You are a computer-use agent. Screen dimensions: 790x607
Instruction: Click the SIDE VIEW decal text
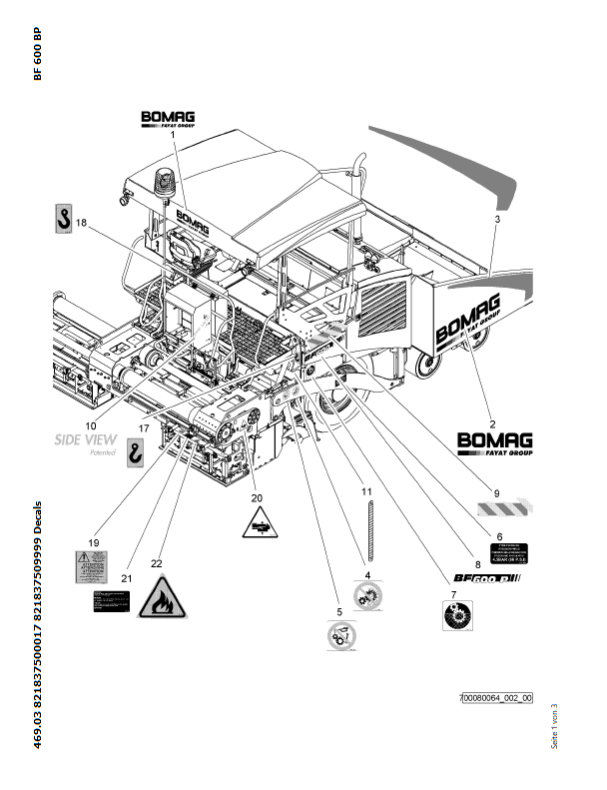86,439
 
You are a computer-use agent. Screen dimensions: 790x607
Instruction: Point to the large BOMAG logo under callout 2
494,442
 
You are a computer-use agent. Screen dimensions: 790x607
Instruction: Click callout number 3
497,218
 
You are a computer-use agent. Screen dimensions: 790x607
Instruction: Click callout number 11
366,492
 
